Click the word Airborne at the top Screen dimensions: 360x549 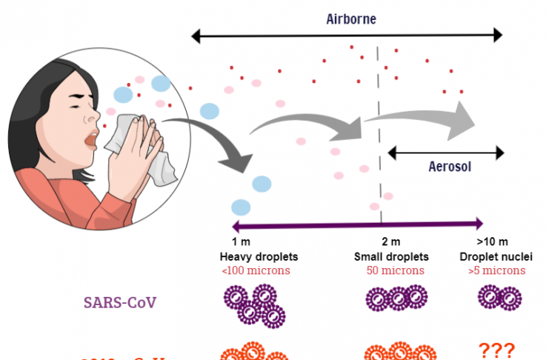tap(351, 19)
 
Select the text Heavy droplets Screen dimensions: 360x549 tap(259, 257)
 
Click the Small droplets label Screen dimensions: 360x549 tap(391, 257)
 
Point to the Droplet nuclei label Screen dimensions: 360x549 tap(496, 257)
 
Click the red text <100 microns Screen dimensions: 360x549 tap(256, 270)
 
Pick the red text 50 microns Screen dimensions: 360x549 tap(395, 270)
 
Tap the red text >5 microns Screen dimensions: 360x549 tap(496, 270)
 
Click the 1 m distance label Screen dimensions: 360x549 tap(240, 242)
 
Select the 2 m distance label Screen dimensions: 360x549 tap(390, 242)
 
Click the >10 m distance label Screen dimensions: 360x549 tap(493, 242)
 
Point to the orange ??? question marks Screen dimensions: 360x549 tap(496, 350)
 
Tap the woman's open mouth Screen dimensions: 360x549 tap(91, 138)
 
